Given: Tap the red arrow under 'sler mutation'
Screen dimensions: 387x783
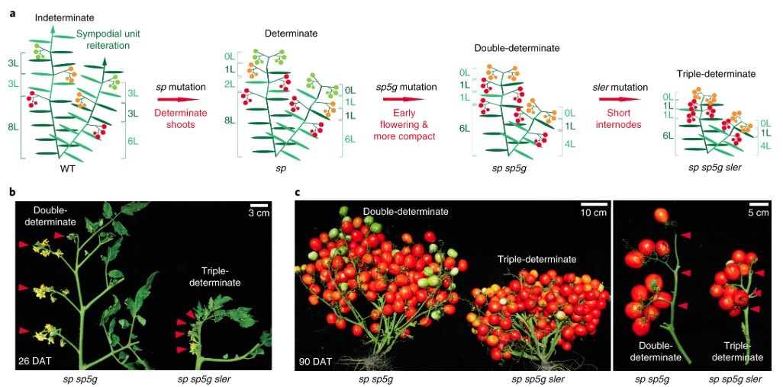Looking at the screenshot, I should [x=620, y=99].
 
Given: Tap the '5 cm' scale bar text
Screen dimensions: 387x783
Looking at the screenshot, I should [x=758, y=213].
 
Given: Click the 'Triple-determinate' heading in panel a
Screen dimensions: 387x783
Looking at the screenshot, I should [x=716, y=74].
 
